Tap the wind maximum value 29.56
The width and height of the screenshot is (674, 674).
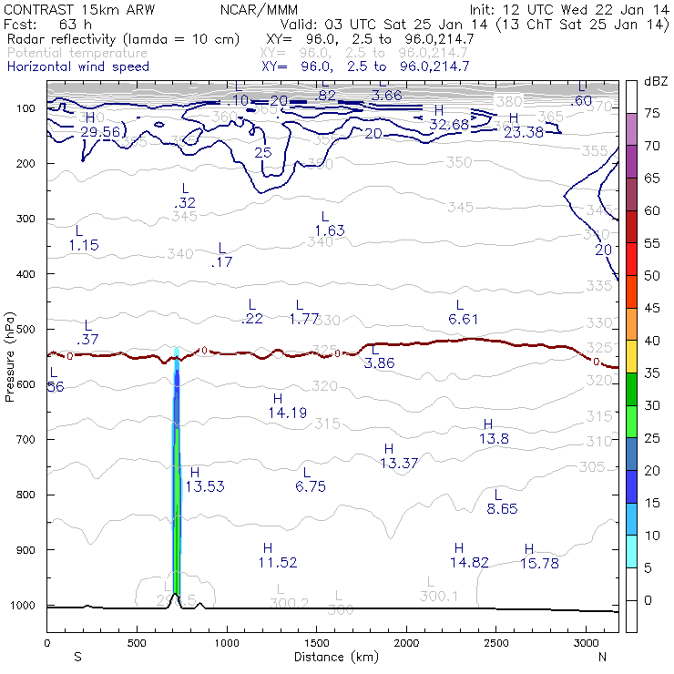click(100, 131)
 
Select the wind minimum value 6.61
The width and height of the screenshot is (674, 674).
click(464, 319)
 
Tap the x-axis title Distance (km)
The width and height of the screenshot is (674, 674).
click(332, 656)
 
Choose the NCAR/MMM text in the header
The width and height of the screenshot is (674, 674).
click(259, 9)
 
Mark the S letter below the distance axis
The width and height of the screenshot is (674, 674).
click(77, 656)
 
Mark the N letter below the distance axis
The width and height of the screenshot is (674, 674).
click(602, 656)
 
